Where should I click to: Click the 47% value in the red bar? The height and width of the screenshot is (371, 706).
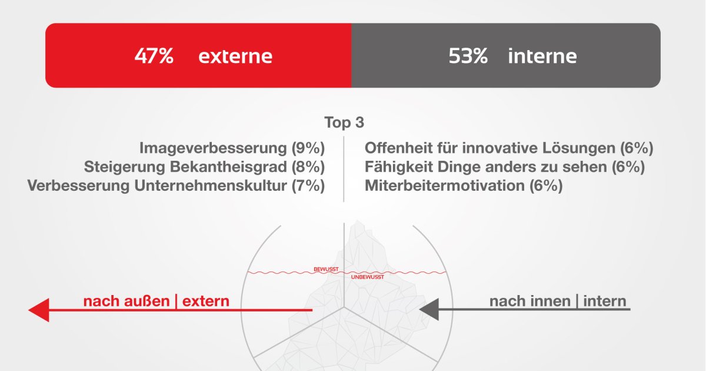154,56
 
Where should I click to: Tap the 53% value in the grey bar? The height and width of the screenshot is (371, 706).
468,56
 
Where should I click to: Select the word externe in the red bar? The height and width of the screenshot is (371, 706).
235,57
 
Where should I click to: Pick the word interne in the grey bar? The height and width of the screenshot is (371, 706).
542,56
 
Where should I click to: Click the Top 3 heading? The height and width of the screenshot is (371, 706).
344,122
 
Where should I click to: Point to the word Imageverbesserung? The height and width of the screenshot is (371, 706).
213,148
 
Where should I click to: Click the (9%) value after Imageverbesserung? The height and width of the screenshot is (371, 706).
308,148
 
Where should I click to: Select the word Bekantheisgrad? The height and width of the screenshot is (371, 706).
228,167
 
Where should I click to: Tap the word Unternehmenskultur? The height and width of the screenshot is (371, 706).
210,185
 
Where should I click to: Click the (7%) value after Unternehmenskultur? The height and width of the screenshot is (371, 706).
308,185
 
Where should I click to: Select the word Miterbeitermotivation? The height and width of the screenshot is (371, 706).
444,185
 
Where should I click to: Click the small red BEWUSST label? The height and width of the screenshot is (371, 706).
326,269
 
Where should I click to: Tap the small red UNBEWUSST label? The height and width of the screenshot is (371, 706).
368,277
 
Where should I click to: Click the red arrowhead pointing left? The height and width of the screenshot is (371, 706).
39,310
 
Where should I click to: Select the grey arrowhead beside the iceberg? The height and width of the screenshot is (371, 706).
429,309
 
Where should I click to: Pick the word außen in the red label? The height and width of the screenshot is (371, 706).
147,301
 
